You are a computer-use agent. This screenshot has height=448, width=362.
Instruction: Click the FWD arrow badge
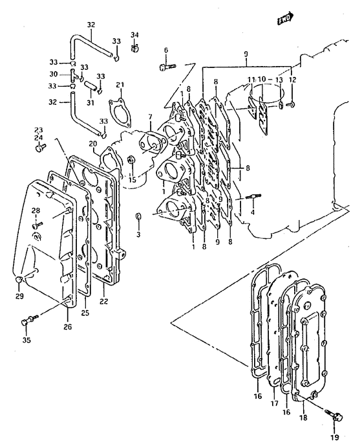(286, 18)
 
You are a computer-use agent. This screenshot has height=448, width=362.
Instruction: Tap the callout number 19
(335, 437)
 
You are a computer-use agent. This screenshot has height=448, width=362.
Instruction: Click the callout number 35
(27, 340)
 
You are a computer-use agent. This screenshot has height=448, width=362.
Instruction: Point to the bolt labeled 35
(29, 319)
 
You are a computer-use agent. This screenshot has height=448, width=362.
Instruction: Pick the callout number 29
(19, 297)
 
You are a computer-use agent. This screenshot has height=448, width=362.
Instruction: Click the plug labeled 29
(18, 279)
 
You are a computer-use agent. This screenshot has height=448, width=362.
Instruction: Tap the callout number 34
(134, 35)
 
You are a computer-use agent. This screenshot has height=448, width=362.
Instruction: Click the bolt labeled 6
(167, 67)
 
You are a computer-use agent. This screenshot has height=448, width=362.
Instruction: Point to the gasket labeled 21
(120, 112)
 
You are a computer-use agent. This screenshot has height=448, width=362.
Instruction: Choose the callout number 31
(90, 102)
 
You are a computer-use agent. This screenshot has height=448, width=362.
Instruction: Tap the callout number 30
(54, 74)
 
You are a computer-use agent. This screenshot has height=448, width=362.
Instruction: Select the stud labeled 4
(253, 197)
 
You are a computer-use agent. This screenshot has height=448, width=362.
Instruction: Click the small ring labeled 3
(138, 216)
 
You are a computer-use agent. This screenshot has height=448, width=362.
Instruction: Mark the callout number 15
(132, 180)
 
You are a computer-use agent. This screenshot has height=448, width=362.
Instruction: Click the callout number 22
(104, 301)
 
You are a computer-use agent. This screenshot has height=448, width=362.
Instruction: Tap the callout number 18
(303, 418)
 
